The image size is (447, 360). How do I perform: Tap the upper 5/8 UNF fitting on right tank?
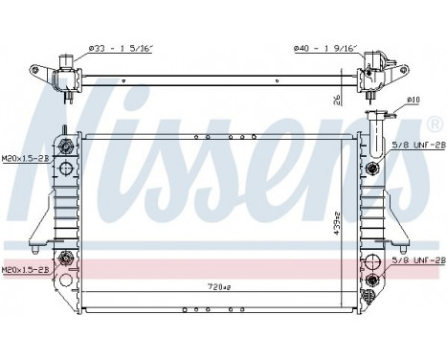[371, 169]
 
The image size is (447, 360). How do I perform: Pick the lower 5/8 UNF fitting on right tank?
[371, 280]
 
